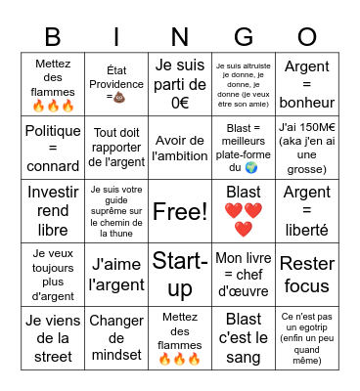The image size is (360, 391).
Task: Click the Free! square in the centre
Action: click(180, 211)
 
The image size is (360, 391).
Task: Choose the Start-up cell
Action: click(180, 275)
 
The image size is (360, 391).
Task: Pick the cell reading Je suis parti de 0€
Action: click(180, 84)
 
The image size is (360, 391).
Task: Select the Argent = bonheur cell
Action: click(307, 84)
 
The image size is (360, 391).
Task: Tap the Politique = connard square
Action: click(53, 148)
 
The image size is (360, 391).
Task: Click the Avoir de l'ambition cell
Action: click(180, 148)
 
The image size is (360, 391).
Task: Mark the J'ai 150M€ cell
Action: click(307, 148)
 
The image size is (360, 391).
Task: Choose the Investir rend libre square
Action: click(53, 211)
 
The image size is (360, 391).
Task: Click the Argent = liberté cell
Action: click(307, 211)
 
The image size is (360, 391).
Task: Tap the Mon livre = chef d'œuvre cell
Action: click(244, 275)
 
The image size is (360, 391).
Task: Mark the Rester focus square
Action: click(307, 275)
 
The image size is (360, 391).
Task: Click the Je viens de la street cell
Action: click(53, 338)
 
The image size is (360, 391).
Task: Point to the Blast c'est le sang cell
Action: click(244, 338)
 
